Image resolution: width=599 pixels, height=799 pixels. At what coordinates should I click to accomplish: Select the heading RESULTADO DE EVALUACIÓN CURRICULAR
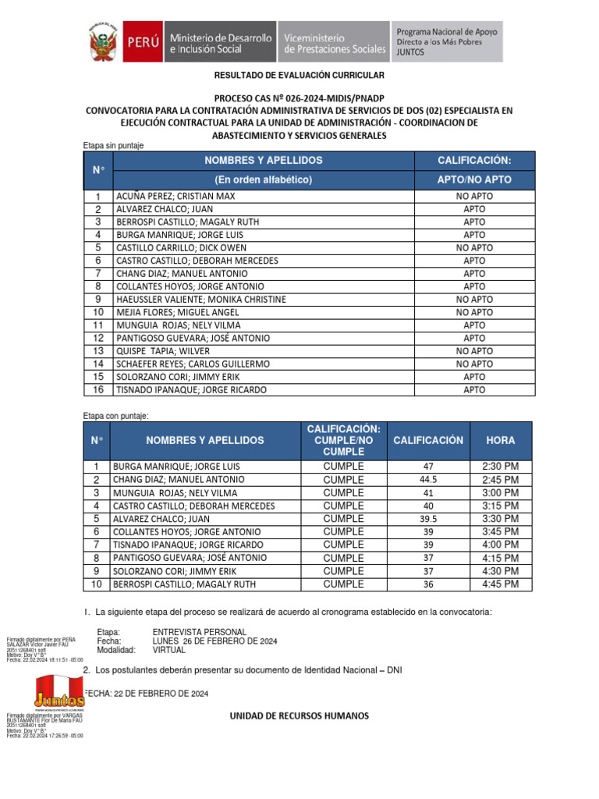(x=299, y=75)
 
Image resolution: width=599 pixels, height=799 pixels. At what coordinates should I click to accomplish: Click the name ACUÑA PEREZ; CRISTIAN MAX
(x=175, y=197)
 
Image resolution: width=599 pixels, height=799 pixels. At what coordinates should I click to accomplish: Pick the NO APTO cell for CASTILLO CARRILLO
(x=474, y=247)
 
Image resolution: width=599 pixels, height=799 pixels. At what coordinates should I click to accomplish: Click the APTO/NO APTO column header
(x=474, y=179)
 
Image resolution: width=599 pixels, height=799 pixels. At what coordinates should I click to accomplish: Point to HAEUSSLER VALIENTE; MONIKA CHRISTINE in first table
(x=201, y=299)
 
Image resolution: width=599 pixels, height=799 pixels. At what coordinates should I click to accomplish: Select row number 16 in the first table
(x=98, y=389)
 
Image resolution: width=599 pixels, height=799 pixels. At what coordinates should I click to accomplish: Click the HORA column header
(x=500, y=440)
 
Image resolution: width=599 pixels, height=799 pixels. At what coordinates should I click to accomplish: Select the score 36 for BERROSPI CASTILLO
(x=428, y=584)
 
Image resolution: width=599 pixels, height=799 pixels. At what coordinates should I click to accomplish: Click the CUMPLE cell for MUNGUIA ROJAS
(x=343, y=492)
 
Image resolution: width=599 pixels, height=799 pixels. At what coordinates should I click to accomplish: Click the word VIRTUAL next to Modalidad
(x=170, y=649)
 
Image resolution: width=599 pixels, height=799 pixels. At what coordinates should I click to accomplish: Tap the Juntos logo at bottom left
(x=59, y=691)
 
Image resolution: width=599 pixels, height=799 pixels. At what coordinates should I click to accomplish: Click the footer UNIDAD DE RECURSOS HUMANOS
(x=299, y=716)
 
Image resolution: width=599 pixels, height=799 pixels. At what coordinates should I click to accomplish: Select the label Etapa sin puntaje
(x=113, y=145)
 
